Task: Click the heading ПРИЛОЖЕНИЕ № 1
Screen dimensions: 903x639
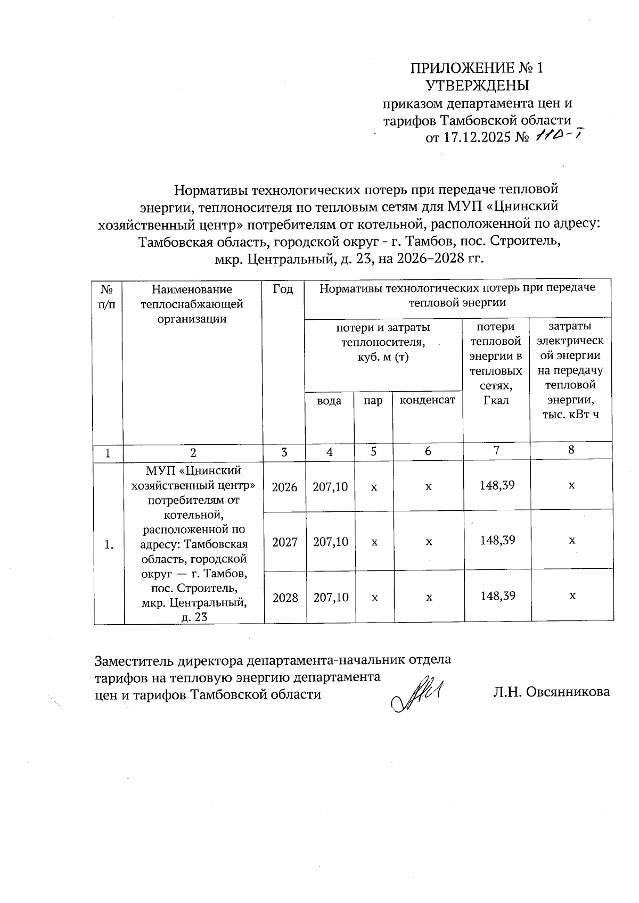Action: pyautogui.click(x=477, y=68)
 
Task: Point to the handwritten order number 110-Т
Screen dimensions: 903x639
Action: pyautogui.click(x=556, y=136)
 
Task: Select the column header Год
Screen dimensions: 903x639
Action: pyautogui.click(x=283, y=289)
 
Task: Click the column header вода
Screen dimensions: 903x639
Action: pyautogui.click(x=329, y=400)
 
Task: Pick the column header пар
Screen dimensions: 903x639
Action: pyautogui.click(x=373, y=400)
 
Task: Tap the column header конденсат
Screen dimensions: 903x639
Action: pyautogui.click(x=428, y=400)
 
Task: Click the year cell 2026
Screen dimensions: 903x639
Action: pyautogui.click(x=284, y=486)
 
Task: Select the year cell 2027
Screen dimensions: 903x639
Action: pyautogui.click(x=285, y=542)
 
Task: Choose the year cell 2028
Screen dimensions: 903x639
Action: pyautogui.click(x=285, y=598)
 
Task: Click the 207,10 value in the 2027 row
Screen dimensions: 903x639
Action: pyautogui.click(x=331, y=542)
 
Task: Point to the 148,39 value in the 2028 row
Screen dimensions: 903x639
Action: pyautogui.click(x=497, y=596)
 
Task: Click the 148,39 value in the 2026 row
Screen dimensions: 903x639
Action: pyautogui.click(x=497, y=485)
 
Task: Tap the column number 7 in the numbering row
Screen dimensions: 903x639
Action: pyautogui.click(x=496, y=450)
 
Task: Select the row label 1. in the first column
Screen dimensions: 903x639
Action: pyautogui.click(x=109, y=544)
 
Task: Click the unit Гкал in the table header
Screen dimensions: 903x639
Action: pyautogui.click(x=496, y=400)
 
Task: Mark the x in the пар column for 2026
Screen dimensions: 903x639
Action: pyautogui.click(x=374, y=486)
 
